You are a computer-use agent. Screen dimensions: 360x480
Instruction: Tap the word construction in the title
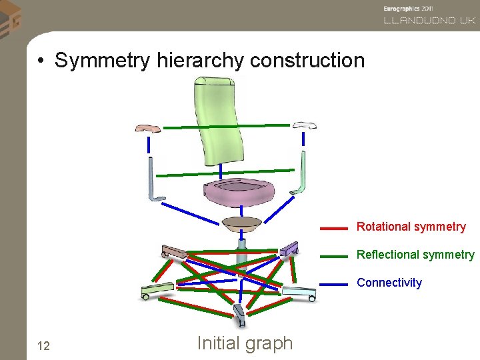307,61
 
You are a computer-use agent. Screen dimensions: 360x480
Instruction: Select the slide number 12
44,345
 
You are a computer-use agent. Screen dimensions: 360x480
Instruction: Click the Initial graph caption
245,343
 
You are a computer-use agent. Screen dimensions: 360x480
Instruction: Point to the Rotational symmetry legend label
411,227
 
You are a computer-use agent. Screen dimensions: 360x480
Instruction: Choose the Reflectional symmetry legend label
415,255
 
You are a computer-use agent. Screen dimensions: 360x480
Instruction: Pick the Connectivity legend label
389,283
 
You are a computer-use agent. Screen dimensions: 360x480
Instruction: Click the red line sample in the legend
333,228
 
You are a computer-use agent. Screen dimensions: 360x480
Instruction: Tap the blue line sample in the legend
333,284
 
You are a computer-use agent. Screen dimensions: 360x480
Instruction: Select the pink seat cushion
239,194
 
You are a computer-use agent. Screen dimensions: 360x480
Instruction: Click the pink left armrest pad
147,128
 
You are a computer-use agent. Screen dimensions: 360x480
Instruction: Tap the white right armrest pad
304,125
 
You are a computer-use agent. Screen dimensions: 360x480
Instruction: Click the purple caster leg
289,249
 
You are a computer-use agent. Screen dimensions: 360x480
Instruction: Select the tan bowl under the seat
241,224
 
